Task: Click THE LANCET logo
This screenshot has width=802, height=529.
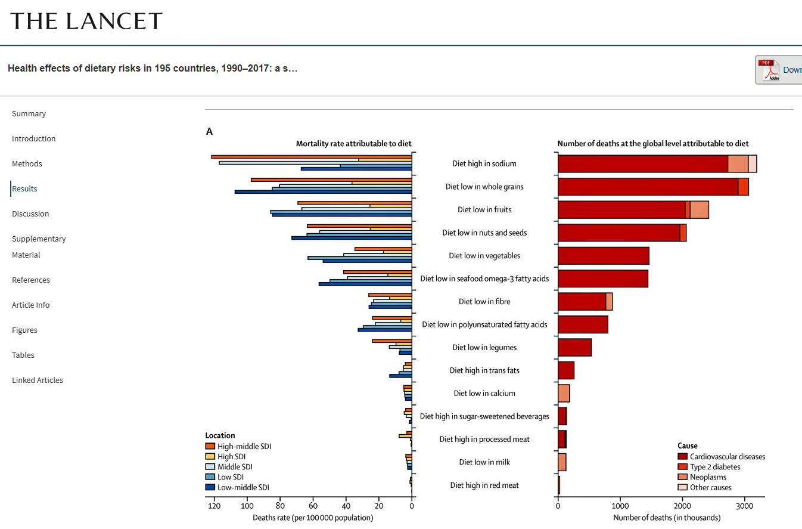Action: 86,21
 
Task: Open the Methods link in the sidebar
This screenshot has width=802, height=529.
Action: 27,163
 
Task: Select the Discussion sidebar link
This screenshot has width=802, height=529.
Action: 30,214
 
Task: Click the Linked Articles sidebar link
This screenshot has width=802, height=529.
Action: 38,380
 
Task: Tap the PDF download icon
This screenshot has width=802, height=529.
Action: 769,70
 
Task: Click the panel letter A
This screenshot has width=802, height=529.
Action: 209,131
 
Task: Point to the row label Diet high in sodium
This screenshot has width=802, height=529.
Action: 484,163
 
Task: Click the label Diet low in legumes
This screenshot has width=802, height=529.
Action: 484,347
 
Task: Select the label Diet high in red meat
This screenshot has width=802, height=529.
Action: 484,485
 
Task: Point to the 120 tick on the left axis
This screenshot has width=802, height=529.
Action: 214,506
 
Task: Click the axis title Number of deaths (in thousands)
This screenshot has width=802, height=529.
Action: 666,518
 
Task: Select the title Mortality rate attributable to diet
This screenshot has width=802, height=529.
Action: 353,144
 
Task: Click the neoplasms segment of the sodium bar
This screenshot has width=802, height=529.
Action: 738,163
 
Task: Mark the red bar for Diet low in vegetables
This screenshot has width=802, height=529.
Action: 603,256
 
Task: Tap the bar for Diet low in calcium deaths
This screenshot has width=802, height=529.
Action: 564,394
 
